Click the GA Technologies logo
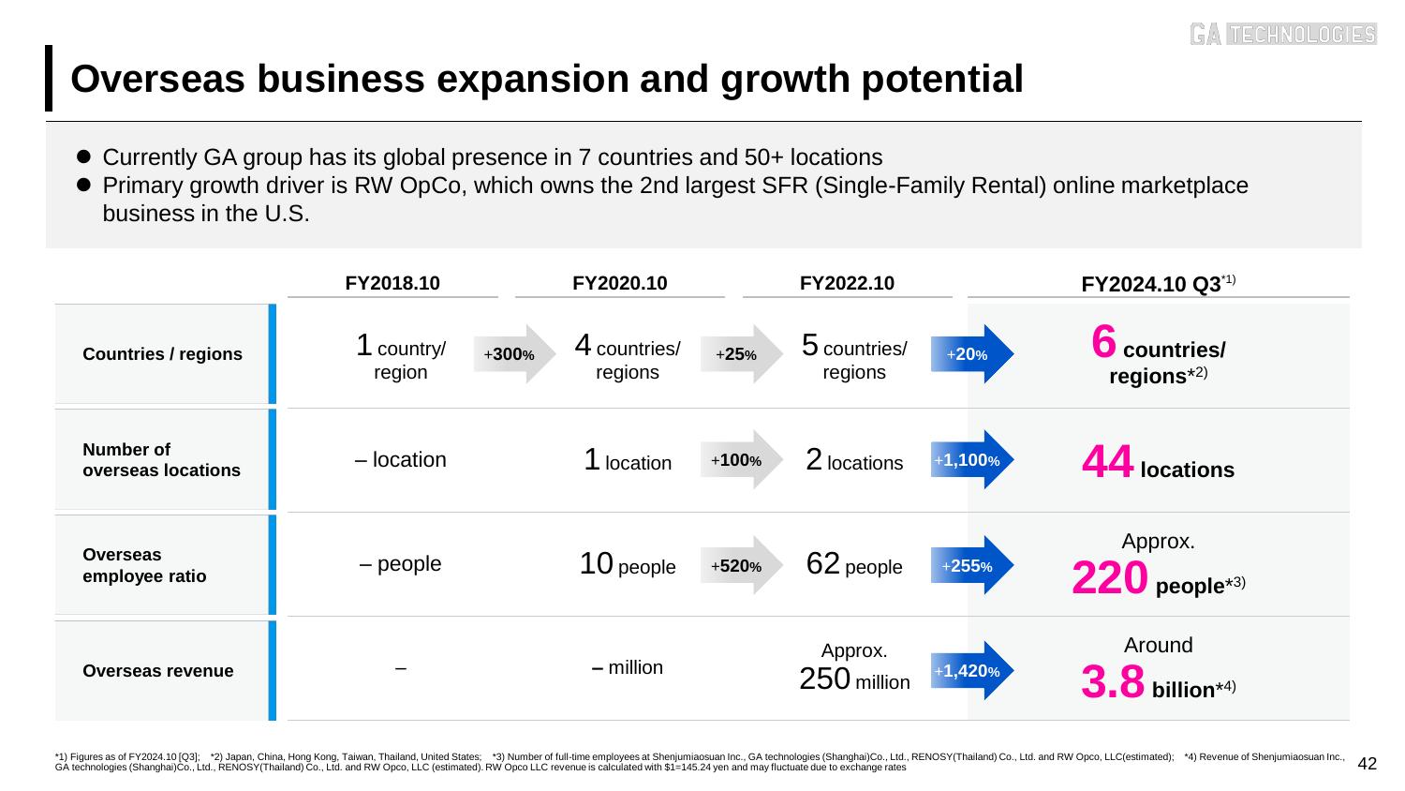[1282, 34]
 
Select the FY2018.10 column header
[392, 283]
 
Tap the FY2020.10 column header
[619, 283]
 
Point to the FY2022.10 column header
[847, 283]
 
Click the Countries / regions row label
[162, 354]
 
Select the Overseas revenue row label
[158, 671]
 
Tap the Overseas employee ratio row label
[144, 565]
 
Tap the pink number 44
[1108, 462]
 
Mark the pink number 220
[1110, 579]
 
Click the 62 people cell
[853, 565]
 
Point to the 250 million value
[853, 680]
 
